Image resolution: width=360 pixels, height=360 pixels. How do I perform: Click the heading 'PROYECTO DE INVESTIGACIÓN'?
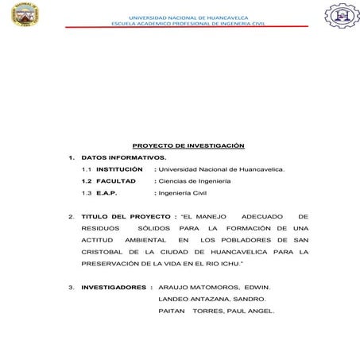coord(188,145)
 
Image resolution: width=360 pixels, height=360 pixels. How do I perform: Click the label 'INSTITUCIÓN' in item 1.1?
coord(119,169)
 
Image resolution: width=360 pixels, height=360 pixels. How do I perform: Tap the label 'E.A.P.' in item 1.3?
coord(106,193)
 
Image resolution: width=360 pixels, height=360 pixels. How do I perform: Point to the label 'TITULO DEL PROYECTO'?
coord(126,216)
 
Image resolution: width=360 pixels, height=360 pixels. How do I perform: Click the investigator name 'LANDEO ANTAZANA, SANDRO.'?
coord(212,298)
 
